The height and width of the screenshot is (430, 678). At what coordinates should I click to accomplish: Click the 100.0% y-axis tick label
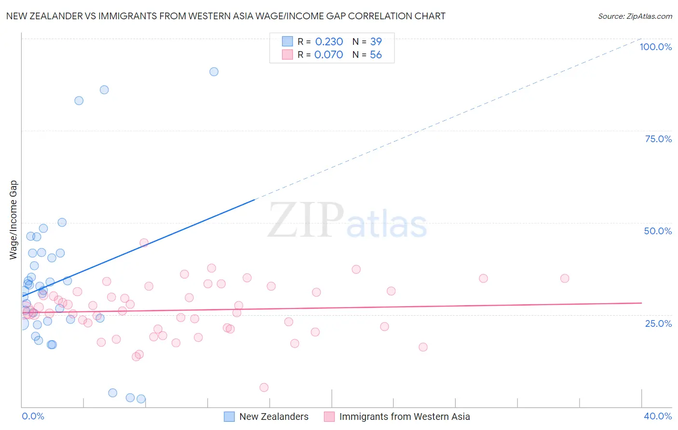(x=655, y=47)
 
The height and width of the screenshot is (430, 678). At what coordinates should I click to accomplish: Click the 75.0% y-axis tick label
(x=658, y=139)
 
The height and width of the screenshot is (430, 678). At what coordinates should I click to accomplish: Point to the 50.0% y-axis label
(x=658, y=231)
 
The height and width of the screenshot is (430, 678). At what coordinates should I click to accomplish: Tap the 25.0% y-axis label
(x=658, y=323)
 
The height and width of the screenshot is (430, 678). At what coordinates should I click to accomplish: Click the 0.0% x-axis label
(x=33, y=416)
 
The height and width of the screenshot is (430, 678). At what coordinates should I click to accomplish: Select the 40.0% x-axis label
(x=658, y=416)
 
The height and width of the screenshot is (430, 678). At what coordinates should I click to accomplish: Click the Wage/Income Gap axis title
(x=13, y=220)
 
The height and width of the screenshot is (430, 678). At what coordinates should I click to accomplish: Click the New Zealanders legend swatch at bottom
(x=230, y=417)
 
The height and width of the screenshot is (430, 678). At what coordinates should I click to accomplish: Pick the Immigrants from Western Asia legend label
(x=405, y=417)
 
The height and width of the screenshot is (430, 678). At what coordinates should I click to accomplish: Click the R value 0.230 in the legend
(x=329, y=42)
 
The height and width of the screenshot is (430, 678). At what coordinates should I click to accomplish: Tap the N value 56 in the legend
(x=376, y=55)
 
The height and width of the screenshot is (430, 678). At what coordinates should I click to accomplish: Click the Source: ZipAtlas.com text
(x=635, y=16)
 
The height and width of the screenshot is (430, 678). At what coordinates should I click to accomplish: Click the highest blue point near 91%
(x=214, y=72)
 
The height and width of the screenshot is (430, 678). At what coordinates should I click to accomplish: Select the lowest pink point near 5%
(x=264, y=388)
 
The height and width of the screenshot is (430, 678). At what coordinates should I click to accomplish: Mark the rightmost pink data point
(x=565, y=278)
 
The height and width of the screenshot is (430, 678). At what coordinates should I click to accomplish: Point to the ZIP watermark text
(x=306, y=220)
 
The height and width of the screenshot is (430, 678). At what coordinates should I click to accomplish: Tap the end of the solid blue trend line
(x=254, y=199)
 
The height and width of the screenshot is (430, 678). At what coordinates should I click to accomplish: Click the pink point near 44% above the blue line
(x=144, y=243)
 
